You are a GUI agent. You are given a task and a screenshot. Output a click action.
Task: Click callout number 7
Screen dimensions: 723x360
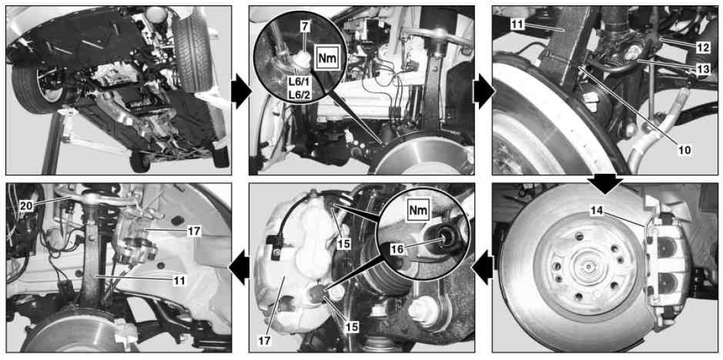click(x=304, y=27)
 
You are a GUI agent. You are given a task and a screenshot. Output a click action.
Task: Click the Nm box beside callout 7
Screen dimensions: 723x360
click(x=327, y=58)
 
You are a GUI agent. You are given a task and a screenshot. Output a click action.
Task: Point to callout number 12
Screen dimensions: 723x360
click(x=701, y=45)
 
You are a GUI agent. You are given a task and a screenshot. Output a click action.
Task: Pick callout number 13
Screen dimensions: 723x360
click(x=701, y=68)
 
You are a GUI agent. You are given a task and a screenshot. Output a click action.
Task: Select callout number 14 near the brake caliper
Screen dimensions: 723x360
click(x=596, y=211)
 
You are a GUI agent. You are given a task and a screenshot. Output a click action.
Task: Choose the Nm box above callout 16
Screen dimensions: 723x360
click(x=419, y=210)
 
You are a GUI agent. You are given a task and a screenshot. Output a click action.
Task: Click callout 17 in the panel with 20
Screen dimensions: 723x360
click(x=194, y=232)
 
